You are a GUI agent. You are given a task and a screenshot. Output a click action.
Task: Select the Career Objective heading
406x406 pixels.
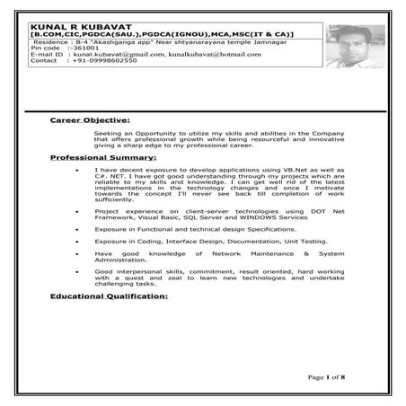(90, 119)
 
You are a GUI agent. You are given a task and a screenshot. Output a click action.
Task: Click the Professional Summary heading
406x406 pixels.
(102, 157)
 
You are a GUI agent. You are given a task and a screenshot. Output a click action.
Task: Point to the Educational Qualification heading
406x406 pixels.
(109, 296)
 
